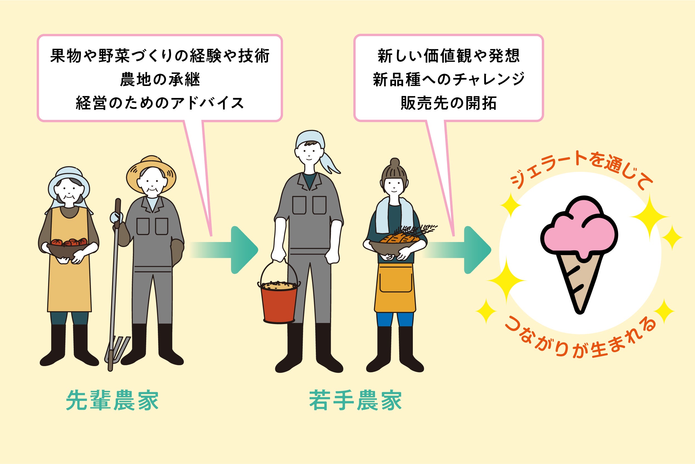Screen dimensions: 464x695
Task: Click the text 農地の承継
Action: (160, 80)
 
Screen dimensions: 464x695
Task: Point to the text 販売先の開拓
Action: (448, 103)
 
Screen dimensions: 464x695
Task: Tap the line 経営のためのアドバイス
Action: (160, 103)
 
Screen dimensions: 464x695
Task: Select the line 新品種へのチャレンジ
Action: (448, 80)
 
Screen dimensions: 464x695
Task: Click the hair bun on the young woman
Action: (394, 162)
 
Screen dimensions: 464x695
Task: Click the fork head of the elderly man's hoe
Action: (117, 349)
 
